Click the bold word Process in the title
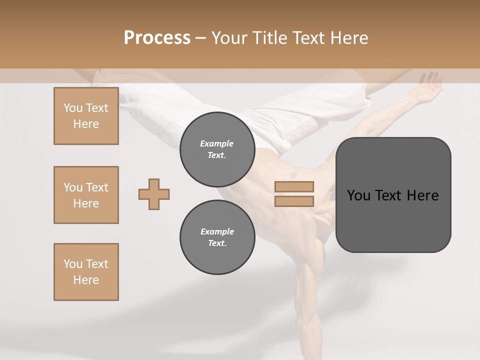click(157, 38)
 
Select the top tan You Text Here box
click(86, 116)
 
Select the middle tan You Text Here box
click(86, 195)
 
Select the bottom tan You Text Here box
click(86, 272)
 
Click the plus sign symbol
click(154, 194)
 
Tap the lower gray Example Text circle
click(217, 237)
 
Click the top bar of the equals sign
click(294, 186)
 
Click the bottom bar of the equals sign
click(294, 201)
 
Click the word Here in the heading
click(349, 38)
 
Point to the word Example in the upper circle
click(217, 143)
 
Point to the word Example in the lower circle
click(217, 231)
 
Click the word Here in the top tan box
click(86, 124)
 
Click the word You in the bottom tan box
click(73, 264)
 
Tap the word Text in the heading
click(310, 38)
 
